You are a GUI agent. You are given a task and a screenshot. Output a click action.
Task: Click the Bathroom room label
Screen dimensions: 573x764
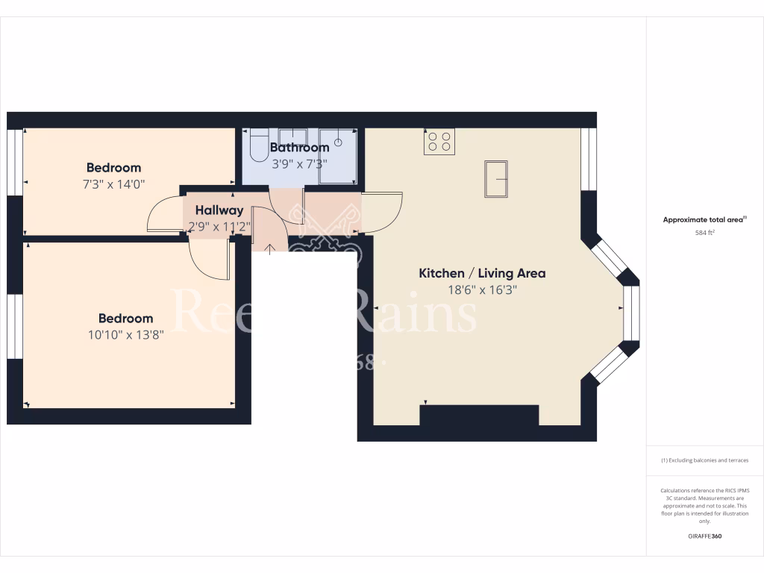(x=299, y=148)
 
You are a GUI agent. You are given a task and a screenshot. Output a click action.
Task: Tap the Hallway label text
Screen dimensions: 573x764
(x=219, y=210)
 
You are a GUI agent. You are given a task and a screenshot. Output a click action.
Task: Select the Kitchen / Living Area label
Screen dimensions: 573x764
(x=481, y=273)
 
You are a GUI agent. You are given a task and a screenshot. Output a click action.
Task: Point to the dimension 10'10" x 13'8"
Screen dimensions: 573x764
(x=125, y=335)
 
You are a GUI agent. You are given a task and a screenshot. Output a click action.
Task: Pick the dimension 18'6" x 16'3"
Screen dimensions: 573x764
(x=481, y=290)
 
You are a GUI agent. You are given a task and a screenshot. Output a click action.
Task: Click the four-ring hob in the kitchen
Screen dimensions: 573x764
(x=439, y=142)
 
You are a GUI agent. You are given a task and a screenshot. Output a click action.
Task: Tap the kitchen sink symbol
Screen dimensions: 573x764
(x=496, y=179)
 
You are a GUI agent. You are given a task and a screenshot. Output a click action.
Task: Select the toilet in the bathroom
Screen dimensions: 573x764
(x=258, y=145)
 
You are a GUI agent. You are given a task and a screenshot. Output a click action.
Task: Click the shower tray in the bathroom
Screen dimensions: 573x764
(x=339, y=157)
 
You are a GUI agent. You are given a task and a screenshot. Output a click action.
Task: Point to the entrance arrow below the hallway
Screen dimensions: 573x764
(x=269, y=248)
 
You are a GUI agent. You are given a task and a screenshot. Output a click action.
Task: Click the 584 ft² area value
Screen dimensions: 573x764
(x=705, y=233)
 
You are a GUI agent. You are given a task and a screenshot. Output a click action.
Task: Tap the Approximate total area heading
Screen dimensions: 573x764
(x=704, y=219)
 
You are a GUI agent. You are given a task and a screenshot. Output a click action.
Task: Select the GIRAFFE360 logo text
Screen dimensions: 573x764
(x=705, y=536)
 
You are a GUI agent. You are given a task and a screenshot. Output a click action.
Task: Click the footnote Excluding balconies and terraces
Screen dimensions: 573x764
(x=705, y=460)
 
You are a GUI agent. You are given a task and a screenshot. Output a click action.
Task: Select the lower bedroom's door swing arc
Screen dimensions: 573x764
(x=209, y=261)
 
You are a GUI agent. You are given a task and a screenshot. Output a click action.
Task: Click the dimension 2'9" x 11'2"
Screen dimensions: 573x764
(x=219, y=227)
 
